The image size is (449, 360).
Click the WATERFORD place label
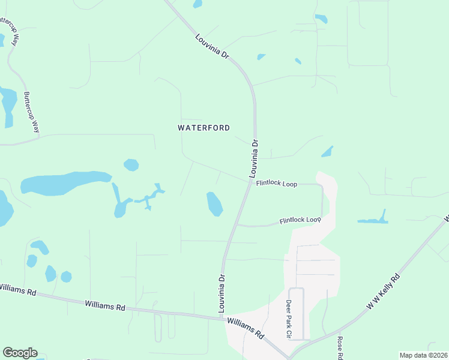click(x=204, y=128)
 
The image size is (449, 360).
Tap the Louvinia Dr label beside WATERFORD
click(x=255, y=156)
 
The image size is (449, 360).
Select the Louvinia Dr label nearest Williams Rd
click(x=221, y=293)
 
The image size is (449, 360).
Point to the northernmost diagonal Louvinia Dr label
click(x=212, y=46)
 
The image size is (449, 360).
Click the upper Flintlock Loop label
click(x=277, y=184)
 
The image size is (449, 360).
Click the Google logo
click(x=20, y=353)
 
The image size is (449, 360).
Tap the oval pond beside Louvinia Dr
click(x=214, y=203)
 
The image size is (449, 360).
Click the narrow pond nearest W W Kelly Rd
click(x=373, y=220)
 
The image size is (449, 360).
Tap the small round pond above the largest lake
click(x=131, y=164)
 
